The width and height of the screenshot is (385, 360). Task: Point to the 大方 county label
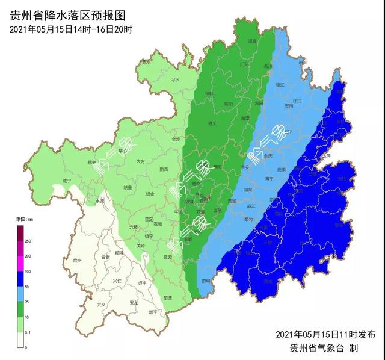(x=140, y=161)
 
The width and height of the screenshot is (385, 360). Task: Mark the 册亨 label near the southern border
(x=153, y=312)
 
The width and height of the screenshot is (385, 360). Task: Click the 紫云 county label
(x=168, y=258)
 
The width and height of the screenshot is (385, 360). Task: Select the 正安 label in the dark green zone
(x=244, y=64)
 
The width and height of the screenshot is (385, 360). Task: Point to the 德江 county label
(x=279, y=85)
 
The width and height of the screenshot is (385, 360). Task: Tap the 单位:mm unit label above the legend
(x=25, y=219)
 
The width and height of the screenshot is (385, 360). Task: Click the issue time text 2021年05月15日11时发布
(x=325, y=334)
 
